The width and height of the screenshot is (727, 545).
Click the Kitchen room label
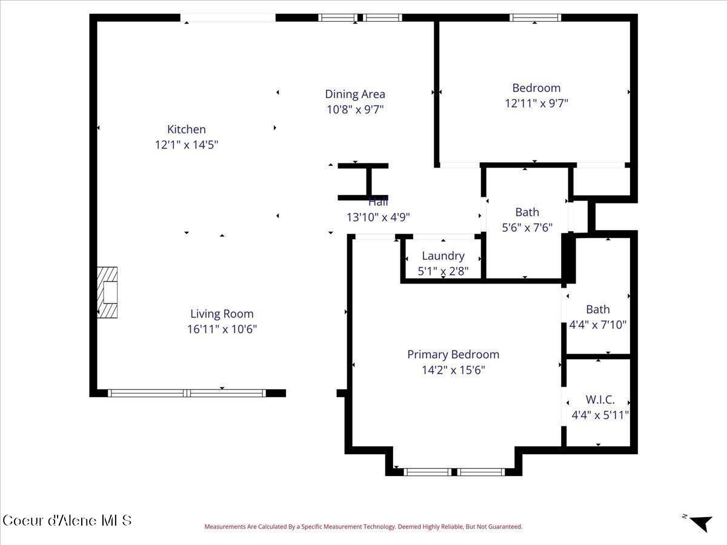186,129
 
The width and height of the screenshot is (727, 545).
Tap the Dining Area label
355,94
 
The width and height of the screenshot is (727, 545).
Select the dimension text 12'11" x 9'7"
536,103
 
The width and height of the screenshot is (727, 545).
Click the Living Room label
222,314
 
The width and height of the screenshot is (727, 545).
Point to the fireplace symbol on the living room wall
108,292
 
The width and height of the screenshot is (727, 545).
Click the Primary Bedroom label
453,354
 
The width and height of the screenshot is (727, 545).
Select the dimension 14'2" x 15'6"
453,370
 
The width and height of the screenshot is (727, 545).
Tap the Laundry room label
443,256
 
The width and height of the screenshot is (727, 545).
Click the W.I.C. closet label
600,400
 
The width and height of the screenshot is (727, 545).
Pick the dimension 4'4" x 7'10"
598,325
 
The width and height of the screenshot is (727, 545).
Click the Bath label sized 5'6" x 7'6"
526,212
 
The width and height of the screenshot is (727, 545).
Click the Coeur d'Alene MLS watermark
67,520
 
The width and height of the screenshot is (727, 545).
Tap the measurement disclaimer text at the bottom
363,527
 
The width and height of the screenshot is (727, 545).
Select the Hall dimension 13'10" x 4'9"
378,217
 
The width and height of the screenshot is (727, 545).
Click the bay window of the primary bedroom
454,472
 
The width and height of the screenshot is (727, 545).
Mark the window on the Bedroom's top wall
535,18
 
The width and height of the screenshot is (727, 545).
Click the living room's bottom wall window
187,393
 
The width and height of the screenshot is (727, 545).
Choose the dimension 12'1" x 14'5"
186,145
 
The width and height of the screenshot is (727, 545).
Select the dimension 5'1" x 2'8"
443,271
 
